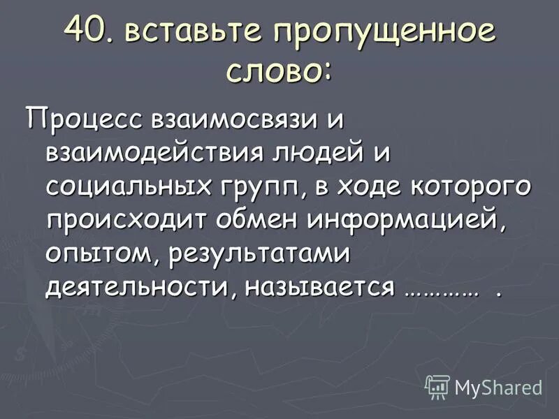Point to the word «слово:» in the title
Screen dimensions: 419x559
279,72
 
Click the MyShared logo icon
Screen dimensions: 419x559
437,386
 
